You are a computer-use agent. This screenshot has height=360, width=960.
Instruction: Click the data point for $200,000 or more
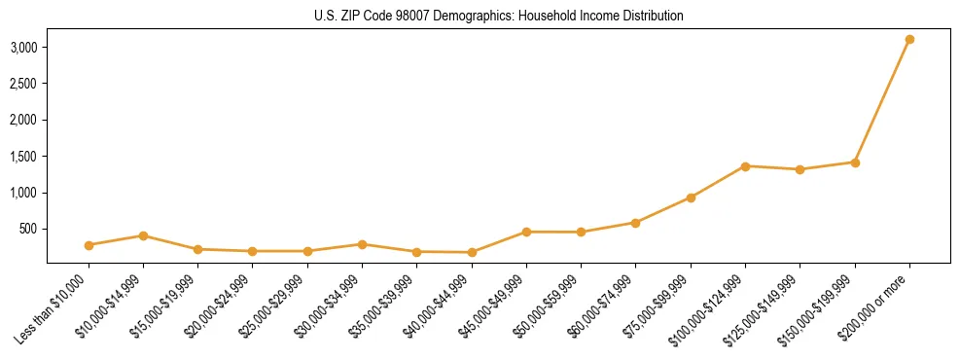click(x=909, y=40)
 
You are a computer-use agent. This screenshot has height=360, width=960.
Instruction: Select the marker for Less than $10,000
click(x=89, y=245)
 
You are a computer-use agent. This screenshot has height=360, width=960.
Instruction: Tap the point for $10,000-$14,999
click(x=143, y=235)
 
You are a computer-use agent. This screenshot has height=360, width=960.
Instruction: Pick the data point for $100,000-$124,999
click(x=745, y=166)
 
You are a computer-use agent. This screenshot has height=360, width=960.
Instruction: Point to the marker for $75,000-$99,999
click(x=691, y=198)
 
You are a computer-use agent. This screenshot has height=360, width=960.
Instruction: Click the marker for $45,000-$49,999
click(x=526, y=232)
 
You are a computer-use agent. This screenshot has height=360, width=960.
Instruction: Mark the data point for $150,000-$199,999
click(x=855, y=162)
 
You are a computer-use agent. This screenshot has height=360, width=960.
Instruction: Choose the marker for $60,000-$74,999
click(x=635, y=223)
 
